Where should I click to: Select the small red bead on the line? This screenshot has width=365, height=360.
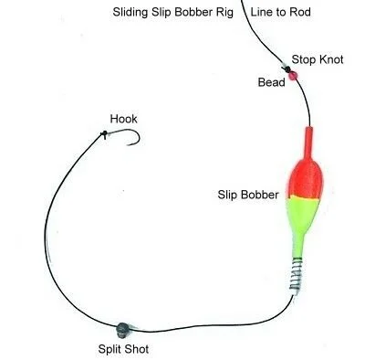coord(293,79)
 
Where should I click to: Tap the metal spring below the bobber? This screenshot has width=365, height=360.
coord(295,271)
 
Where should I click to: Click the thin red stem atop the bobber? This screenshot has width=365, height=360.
coord(307,142)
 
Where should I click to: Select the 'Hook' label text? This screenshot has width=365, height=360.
coord(123,119)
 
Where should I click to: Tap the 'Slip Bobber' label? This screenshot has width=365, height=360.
coord(248,194)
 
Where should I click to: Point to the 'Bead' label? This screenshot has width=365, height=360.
coord(271,82)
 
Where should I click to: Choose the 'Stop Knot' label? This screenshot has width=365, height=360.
coord(318,60)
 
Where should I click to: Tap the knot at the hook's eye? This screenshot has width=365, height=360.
coord(105,134)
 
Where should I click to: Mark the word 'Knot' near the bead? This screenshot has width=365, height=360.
coord(331,60)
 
